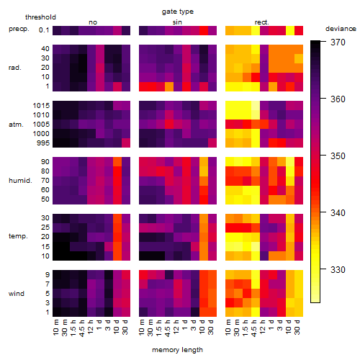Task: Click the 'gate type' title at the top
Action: (178, 12)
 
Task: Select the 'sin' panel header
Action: (177, 22)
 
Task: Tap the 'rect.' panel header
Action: (261, 22)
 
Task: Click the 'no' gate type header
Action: (93, 22)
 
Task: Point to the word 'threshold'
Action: (40, 17)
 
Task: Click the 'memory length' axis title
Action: (177, 350)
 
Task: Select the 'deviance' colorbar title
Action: (341, 29)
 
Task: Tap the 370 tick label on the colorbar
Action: (338, 42)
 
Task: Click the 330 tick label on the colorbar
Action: (338, 270)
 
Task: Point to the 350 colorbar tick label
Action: (338, 156)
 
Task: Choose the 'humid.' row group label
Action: (20, 181)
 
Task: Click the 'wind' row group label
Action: (17, 294)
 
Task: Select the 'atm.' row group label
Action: (16, 125)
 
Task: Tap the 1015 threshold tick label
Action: (41, 106)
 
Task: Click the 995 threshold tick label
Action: (43, 143)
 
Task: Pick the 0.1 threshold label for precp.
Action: (44, 30)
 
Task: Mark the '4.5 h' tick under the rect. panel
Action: (254, 328)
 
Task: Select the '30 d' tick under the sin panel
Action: (211, 328)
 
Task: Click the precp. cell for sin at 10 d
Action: (204, 30)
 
